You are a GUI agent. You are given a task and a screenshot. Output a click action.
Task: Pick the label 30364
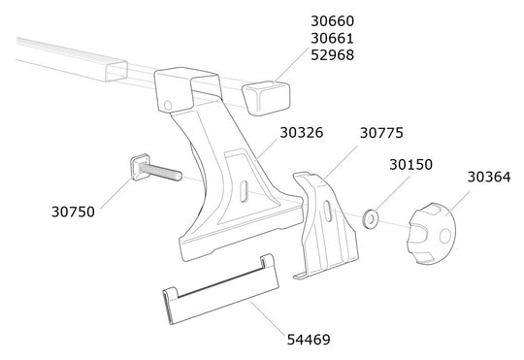491,178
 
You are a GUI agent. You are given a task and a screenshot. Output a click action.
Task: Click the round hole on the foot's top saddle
169,105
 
